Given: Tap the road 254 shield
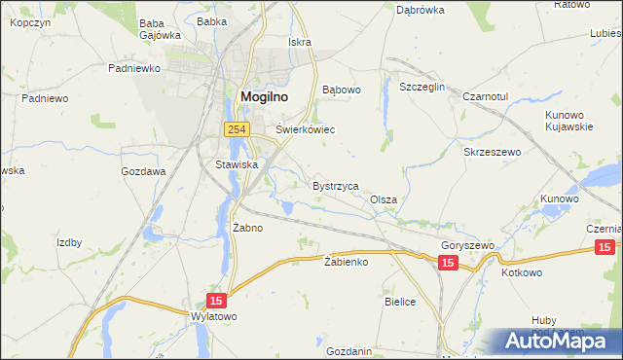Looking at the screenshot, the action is point(236,128).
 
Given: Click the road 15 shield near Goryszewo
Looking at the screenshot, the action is point(448,264).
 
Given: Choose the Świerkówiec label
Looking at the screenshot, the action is point(306,128).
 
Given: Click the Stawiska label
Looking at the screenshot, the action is point(237,164).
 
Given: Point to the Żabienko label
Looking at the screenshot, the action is point(346,262).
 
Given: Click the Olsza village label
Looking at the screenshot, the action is point(384,199).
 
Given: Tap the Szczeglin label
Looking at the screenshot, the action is point(422,87).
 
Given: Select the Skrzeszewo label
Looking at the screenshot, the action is point(494,153).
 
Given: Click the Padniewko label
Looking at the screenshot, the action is point(133,69).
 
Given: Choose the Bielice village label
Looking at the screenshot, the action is point(400,303).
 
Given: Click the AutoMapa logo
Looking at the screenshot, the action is point(559,342).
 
